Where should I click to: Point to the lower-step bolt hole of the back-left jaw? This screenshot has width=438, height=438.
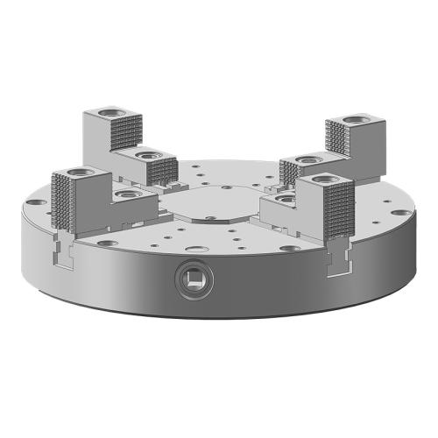(149, 156)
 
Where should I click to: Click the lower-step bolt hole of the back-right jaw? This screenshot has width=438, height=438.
(306, 159)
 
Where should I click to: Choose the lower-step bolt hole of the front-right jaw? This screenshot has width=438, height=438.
(283, 201)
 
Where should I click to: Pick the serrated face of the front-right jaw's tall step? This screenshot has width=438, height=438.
(335, 210)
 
